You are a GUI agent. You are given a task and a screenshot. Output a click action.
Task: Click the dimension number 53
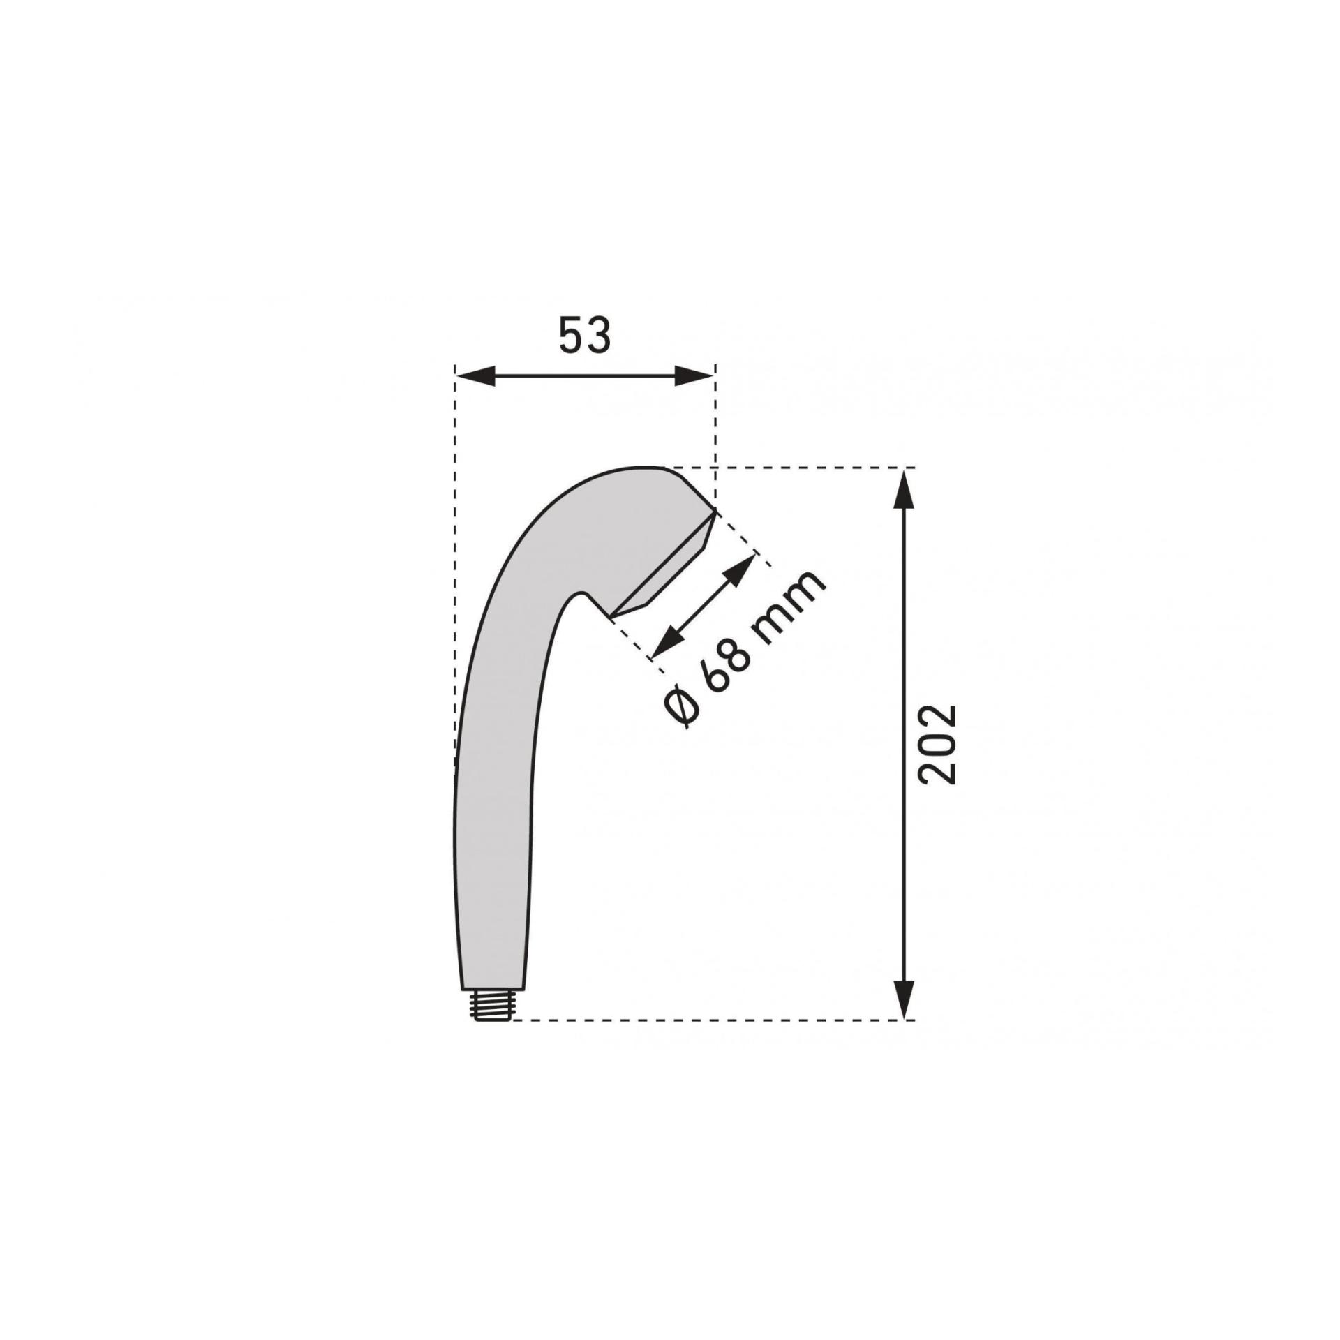tap(585, 336)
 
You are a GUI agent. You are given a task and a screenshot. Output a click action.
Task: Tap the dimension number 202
tap(937, 745)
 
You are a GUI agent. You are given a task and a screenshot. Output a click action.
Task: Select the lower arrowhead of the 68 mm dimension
tap(662, 646)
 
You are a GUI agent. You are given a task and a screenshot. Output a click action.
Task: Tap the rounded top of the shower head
tap(642, 469)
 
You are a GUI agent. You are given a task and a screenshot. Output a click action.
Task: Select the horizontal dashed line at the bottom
tap(698, 1020)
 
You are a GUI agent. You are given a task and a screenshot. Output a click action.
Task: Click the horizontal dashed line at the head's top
tap(789, 466)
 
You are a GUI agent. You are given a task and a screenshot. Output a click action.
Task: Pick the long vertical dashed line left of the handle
tap(454, 558)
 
